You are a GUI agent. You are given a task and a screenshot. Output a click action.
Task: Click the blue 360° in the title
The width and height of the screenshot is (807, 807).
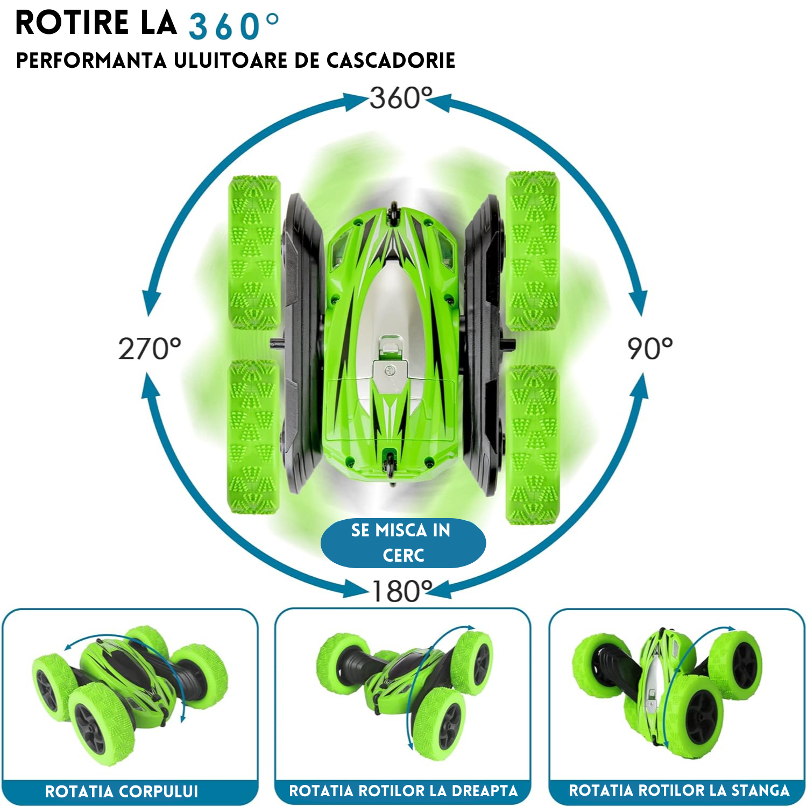click(234, 26)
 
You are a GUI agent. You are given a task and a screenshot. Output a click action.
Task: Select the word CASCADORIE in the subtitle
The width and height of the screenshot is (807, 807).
click(391, 60)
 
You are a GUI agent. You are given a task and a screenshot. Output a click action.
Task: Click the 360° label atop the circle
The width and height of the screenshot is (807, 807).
click(401, 98)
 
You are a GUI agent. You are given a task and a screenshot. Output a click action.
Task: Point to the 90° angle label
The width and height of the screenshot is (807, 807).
click(650, 349)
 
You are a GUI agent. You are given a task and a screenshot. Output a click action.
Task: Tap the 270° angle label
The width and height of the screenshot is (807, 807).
click(150, 349)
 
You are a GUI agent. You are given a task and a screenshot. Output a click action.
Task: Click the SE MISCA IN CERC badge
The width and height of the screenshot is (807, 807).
click(403, 543)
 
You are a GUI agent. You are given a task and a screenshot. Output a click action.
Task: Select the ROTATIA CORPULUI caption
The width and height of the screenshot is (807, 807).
click(122, 791)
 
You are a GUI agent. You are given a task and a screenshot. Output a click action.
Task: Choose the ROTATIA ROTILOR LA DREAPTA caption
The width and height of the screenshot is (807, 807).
click(403, 791)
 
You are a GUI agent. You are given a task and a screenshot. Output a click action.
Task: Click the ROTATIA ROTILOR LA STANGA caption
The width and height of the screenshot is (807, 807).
click(679, 790)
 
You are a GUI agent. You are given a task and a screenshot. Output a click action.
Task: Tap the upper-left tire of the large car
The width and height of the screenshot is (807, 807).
click(254, 252)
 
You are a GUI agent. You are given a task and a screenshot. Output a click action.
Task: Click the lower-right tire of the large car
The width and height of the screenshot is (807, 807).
click(533, 444)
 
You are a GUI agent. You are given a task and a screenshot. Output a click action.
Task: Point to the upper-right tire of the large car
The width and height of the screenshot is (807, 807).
click(533, 251)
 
